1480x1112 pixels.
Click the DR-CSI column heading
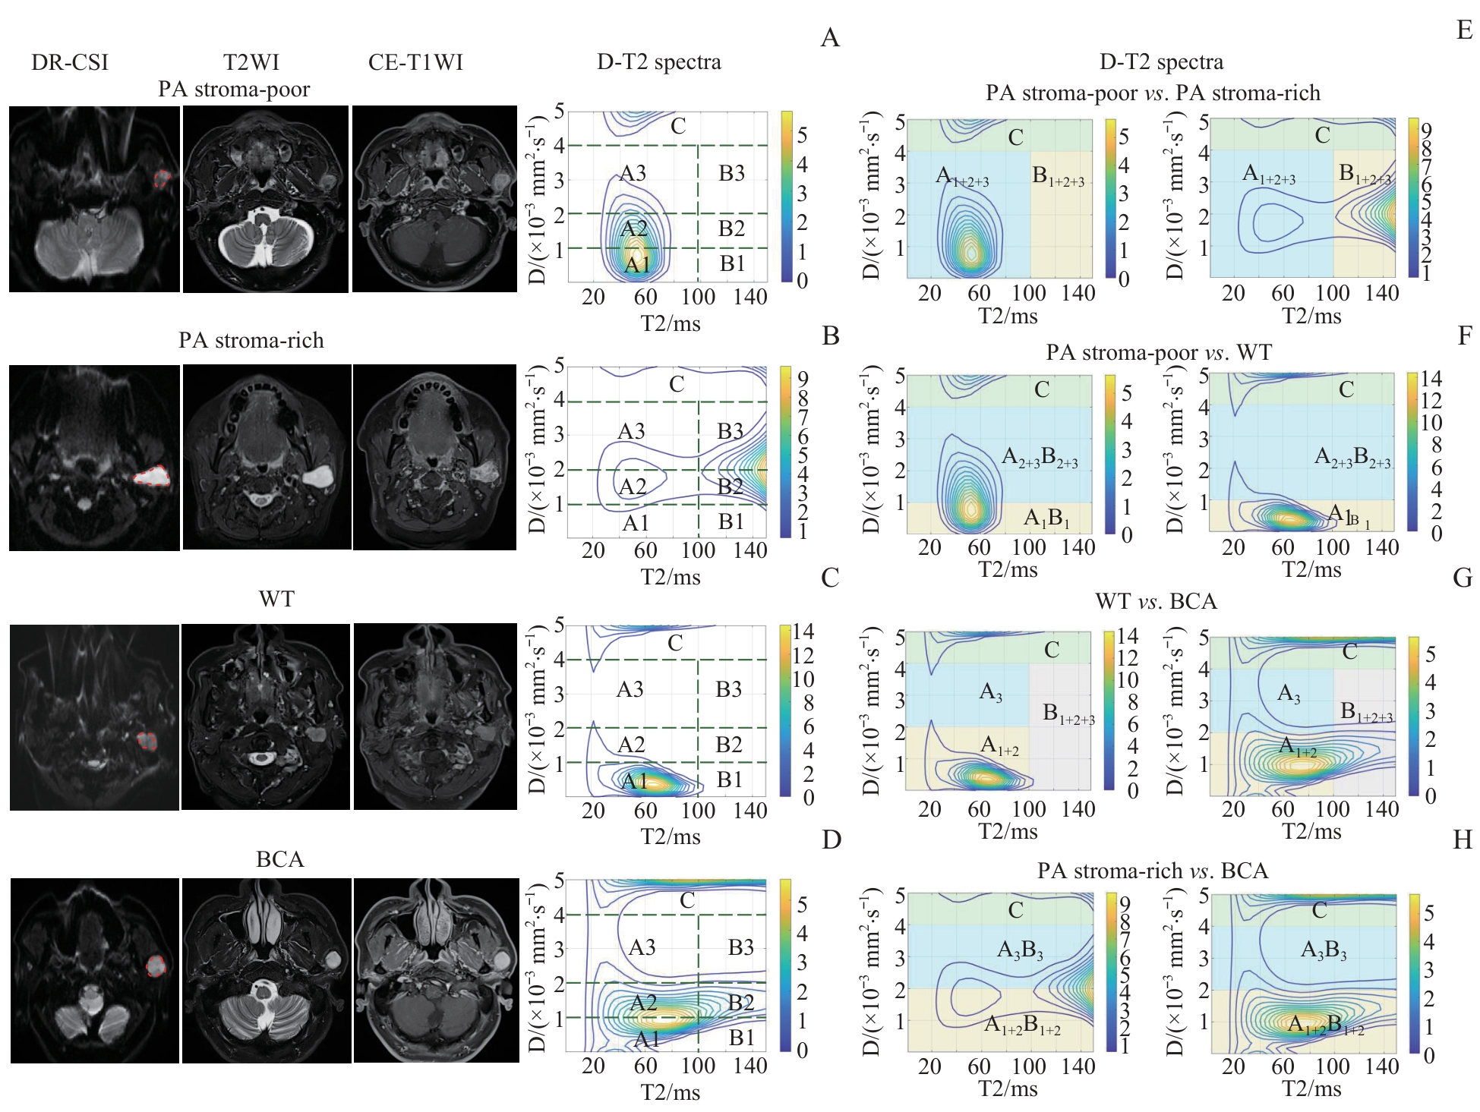(x=70, y=62)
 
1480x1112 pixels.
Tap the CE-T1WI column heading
(x=415, y=62)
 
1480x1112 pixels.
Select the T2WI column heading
(x=251, y=62)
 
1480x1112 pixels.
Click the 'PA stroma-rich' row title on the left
(x=251, y=340)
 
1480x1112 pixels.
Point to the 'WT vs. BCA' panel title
(x=1156, y=602)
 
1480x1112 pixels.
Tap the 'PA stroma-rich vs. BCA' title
(x=1153, y=871)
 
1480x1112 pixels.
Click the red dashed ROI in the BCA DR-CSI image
(x=156, y=966)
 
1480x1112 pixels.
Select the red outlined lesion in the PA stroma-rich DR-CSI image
(x=153, y=476)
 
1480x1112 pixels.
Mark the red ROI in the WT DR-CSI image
(x=147, y=741)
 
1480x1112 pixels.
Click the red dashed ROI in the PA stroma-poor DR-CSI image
(x=162, y=179)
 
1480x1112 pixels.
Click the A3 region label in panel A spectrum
(x=633, y=174)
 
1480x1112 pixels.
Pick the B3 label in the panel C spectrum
(x=728, y=689)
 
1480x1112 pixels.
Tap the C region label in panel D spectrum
(x=687, y=900)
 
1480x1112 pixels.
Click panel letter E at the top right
(x=1465, y=30)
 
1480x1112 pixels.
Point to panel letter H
(x=1462, y=840)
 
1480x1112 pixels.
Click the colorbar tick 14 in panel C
(x=803, y=632)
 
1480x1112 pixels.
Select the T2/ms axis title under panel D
(x=670, y=1092)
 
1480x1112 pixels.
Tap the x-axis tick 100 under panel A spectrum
(x=698, y=297)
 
